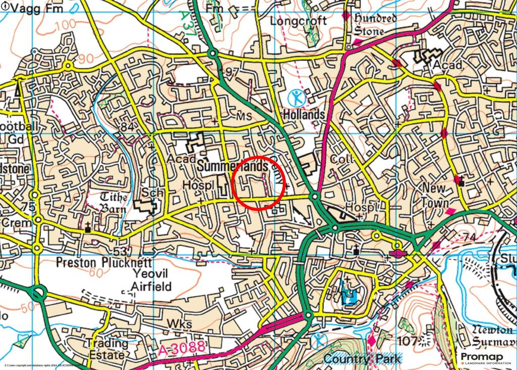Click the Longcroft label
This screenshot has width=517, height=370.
[298, 21]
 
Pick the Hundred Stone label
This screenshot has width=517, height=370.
[375, 24]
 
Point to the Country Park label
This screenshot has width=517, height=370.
[363, 359]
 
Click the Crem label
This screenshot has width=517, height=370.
[13, 222]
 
